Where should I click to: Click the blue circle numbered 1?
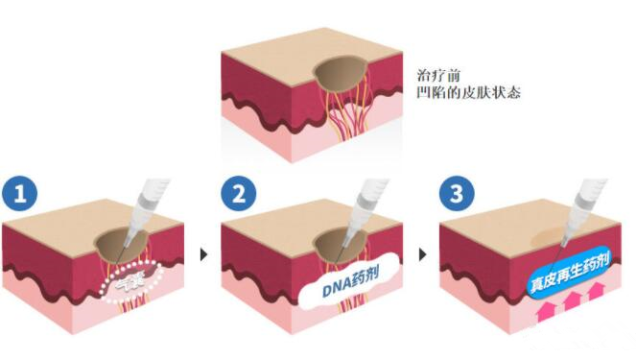(22, 194)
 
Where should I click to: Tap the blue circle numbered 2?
(239, 194)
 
